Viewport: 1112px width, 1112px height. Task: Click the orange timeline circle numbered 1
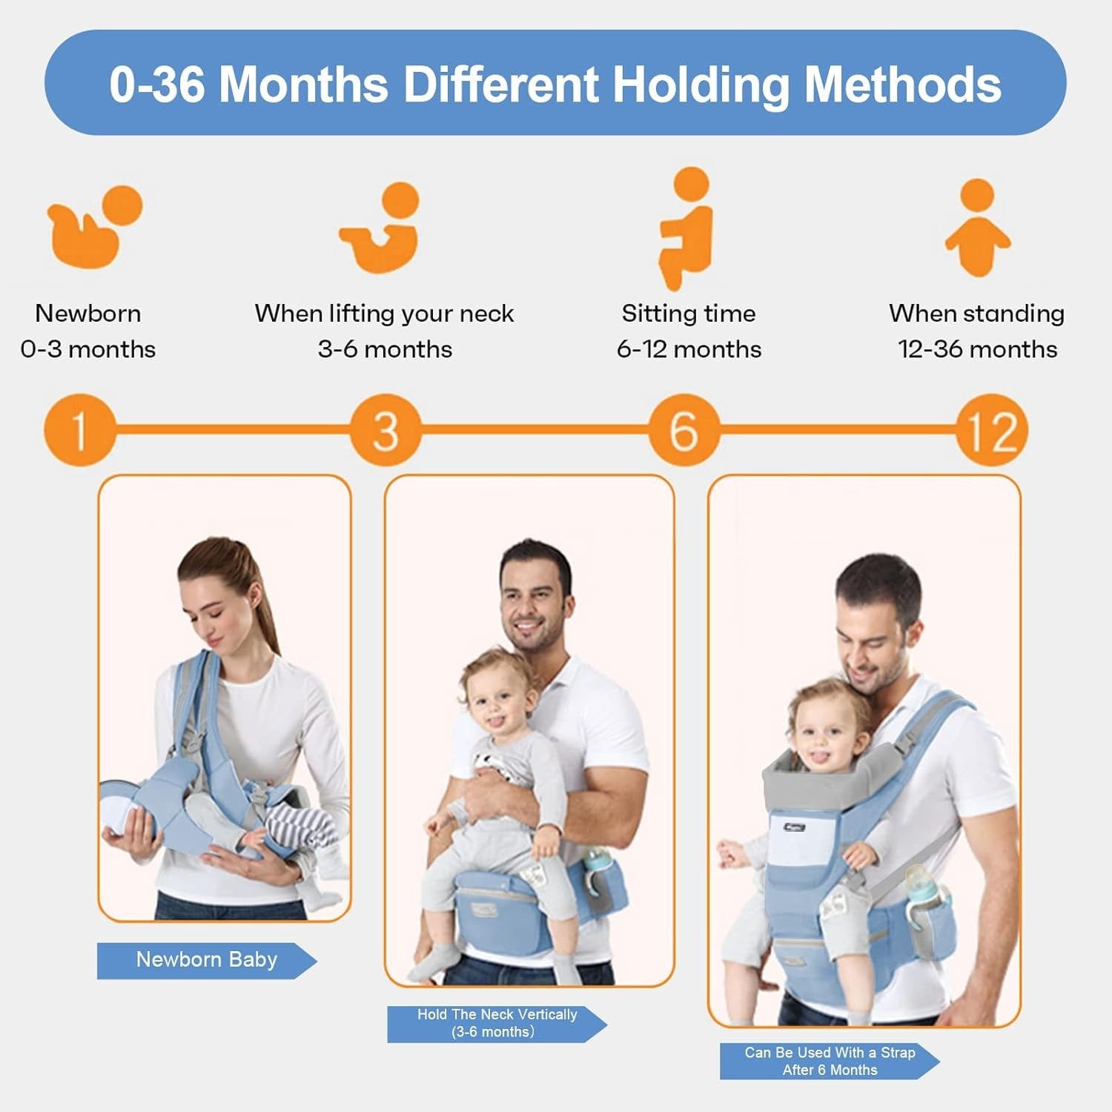tap(79, 430)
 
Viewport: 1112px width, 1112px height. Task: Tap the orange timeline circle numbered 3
tap(385, 430)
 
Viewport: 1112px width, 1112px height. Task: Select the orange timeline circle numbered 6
tap(684, 430)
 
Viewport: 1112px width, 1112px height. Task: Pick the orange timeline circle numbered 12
tap(991, 430)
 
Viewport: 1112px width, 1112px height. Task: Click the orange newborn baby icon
tap(93, 226)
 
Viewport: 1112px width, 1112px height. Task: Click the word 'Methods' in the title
tap(903, 83)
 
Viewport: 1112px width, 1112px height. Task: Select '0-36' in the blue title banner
tap(157, 83)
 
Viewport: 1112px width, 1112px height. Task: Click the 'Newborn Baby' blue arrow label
tap(206, 960)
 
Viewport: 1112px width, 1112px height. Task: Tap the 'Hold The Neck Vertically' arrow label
tap(496, 1023)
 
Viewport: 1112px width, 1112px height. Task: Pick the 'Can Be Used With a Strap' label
tap(829, 1061)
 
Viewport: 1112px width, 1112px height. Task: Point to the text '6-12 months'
tap(689, 349)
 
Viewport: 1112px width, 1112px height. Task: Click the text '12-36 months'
tap(977, 349)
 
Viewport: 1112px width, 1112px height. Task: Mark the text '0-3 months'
tap(88, 349)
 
